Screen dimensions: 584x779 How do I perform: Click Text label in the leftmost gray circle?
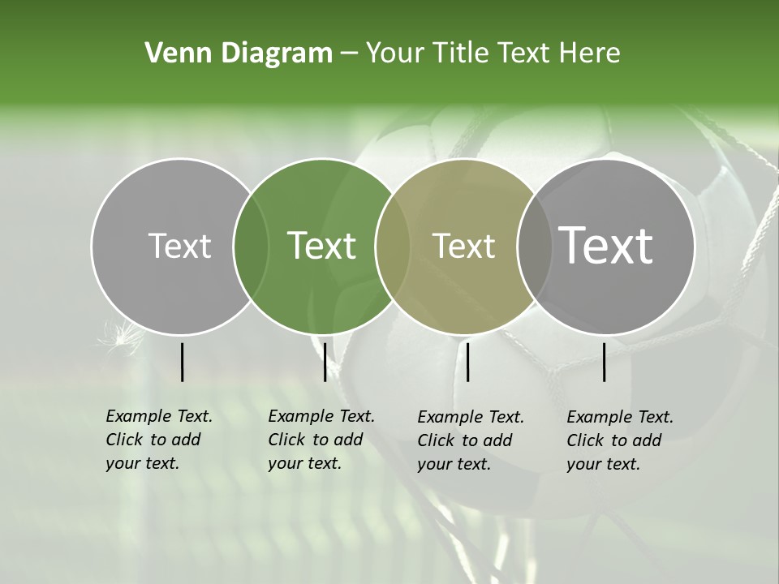click(x=179, y=246)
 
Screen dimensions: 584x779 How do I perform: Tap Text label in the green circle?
click(x=322, y=246)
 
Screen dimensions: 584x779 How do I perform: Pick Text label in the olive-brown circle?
click(x=463, y=246)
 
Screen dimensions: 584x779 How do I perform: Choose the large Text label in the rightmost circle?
click(x=606, y=246)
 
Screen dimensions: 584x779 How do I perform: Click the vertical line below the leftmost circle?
click(x=182, y=362)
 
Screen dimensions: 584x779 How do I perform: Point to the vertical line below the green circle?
click(x=325, y=362)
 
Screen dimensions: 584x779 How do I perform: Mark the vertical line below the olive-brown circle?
click(x=467, y=362)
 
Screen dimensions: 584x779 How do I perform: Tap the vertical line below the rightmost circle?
click(x=605, y=362)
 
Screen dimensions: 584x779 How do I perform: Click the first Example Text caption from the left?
click(x=158, y=440)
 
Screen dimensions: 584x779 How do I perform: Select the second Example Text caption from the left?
click(x=321, y=440)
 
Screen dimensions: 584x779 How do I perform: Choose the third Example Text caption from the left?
click(x=470, y=440)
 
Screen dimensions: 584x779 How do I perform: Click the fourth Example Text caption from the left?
click(x=619, y=440)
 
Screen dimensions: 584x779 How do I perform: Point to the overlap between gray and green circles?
click(x=251, y=247)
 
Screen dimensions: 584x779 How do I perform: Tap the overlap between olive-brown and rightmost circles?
click(x=533, y=247)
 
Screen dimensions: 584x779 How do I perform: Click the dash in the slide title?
click(x=349, y=54)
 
